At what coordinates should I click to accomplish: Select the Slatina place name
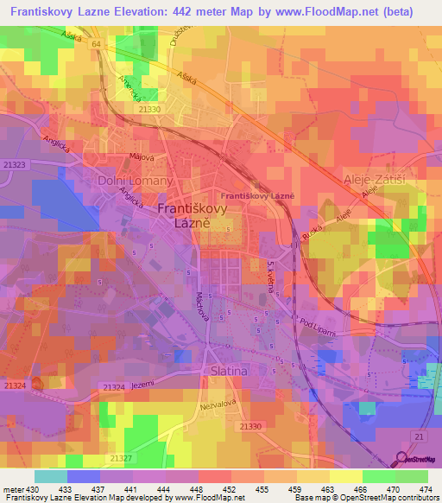click(229, 371)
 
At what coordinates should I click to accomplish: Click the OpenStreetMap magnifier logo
click(402, 461)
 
